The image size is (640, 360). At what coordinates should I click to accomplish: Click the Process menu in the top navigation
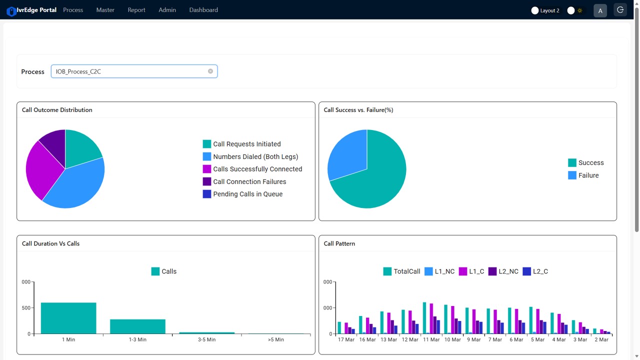pos(73,10)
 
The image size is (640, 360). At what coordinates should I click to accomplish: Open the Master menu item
pos(105,10)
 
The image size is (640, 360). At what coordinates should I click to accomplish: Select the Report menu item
pos(136,10)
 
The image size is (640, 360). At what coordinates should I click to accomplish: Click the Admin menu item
pos(167,10)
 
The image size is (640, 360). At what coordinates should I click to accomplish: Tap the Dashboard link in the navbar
pos(203,10)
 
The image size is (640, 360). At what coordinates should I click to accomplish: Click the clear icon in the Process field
pos(210,71)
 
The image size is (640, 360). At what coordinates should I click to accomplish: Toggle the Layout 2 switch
pos(535,10)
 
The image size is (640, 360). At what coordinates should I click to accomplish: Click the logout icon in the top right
pos(620,10)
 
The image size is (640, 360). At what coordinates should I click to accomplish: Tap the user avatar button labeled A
pos(600,10)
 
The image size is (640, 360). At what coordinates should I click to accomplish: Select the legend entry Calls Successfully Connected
pos(257,169)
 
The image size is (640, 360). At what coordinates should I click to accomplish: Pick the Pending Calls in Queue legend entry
pos(247,194)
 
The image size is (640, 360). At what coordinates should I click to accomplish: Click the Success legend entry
pos(590,162)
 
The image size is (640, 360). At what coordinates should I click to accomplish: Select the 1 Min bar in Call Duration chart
pos(68,318)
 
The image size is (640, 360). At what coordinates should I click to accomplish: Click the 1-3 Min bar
pos(137,326)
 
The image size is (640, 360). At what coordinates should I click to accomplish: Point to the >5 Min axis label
pos(275,339)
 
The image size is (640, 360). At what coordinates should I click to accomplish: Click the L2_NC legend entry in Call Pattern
pos(508,271)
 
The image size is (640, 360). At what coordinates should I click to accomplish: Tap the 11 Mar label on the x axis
pos(431,339)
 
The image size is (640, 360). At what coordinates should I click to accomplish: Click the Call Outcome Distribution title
pos(57,110)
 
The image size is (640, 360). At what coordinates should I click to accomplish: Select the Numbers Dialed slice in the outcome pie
pos(77,185)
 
